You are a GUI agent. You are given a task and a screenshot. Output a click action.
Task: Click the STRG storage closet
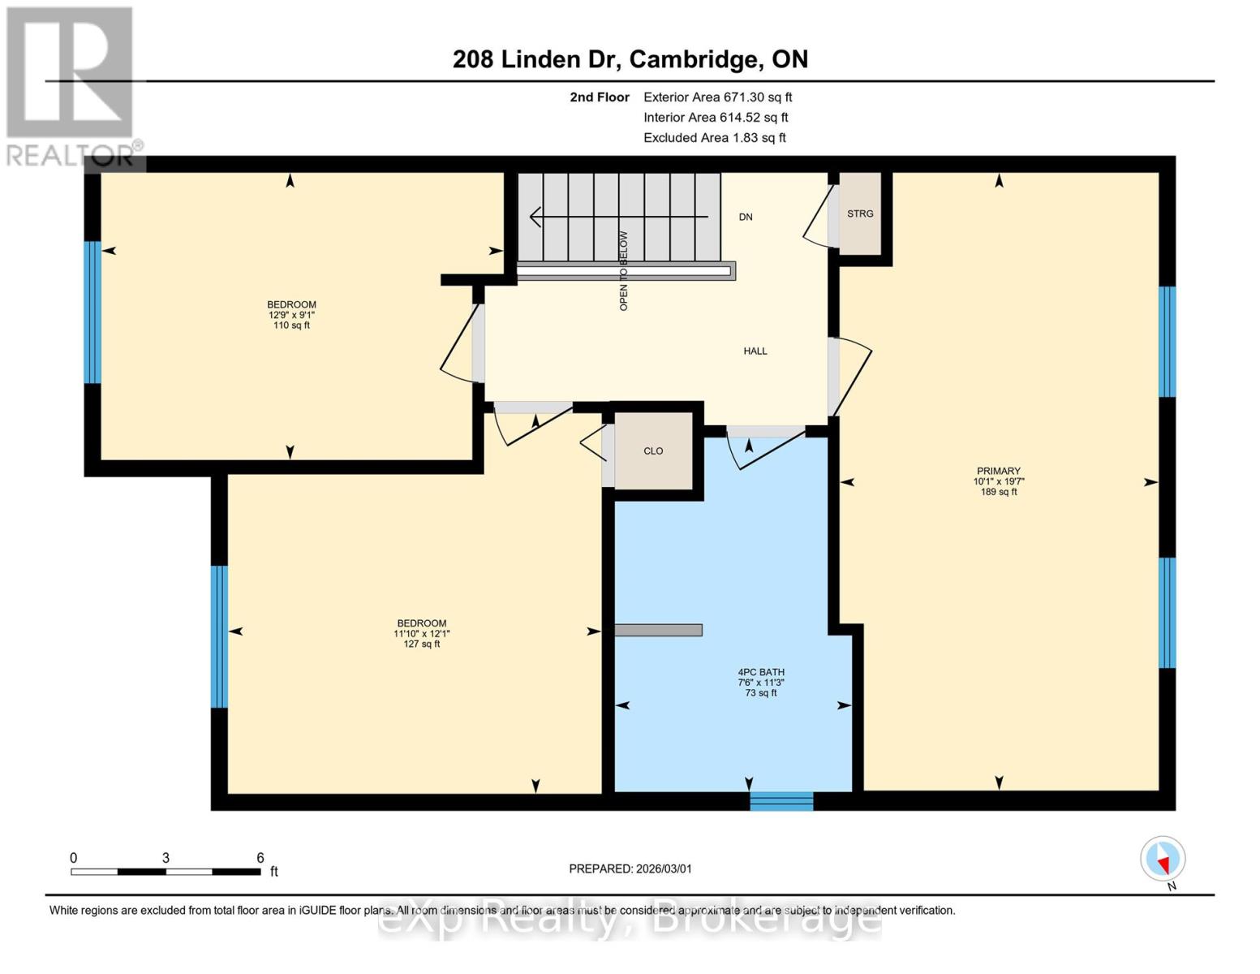(x=860, y=213)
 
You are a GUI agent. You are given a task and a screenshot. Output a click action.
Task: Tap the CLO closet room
(x=653, y=451)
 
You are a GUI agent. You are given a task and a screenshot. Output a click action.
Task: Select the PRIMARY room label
(x=999, y=472)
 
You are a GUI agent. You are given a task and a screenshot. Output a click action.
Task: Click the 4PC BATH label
(x=760, y=673)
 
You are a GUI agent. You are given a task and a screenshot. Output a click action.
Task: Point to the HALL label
(x=755, y=351)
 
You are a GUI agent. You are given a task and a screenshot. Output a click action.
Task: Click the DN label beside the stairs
(x=746, y=218)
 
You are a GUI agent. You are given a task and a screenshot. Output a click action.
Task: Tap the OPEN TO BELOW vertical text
(x=624, y=271)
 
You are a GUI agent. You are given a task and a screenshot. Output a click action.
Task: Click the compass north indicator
(x=1163, y=860)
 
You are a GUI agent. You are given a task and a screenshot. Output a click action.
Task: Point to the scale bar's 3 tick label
(x=166, y=858)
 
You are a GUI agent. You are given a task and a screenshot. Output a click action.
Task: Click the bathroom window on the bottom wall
(x=781, y=801)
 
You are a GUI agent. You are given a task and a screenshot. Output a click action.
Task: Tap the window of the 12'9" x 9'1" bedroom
(x=92, y=312)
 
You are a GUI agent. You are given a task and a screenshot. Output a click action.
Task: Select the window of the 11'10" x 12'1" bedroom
(x=219, y=637)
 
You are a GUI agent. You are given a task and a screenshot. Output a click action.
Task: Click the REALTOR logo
(x=71, y=85)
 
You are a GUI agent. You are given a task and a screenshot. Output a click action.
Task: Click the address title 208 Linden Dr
(x=630, y=59)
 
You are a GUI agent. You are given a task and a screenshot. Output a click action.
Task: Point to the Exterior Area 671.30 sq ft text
(x=717, y=97)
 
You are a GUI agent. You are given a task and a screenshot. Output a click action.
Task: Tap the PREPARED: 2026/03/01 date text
(x=630, y=868)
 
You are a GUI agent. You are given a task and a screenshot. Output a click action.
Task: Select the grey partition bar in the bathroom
(x=658, y=630)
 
